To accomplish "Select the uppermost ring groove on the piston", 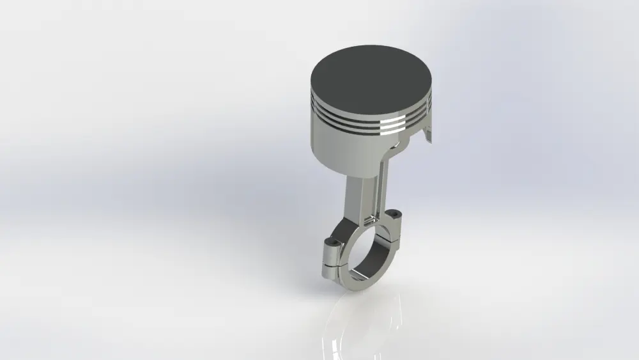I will (358, 109).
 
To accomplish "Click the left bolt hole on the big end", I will (330, 242).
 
